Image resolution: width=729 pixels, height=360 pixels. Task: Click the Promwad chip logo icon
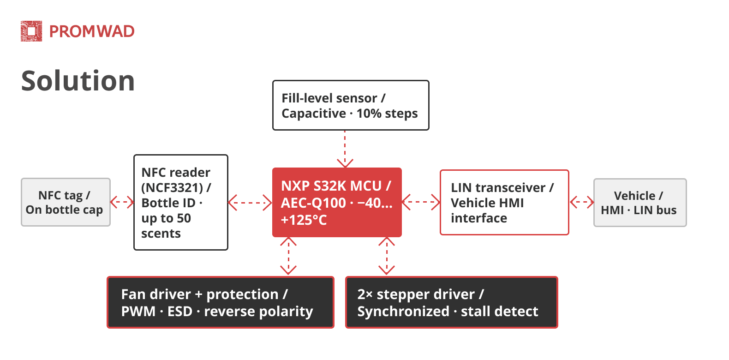pyautogui.click(x=31, y=31)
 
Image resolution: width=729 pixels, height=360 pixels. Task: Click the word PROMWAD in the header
pyautogui.click(x=92, y=31)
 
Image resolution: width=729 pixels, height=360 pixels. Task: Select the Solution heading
pyautogui.click(x=78, y=81)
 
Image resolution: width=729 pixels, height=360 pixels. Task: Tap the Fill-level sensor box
pyautogui.click(x=351, y=105)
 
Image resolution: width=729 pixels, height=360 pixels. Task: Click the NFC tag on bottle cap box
pyautogui.click(x=66, y=202)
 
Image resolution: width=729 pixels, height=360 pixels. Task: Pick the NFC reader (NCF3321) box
pyautogui.click(x=181, y=203)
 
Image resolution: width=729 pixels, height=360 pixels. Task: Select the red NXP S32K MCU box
pyautogui.click(x=337, y=203)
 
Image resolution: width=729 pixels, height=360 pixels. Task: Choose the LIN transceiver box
pyautogui.click(x=504, y=203)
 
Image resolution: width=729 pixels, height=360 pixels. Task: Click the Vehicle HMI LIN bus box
pyautogui.click(x=640, y=203)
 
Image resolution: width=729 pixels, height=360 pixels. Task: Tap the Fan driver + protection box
pyautogui.click(x=221, y=302)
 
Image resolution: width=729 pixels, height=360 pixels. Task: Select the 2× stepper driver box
pyautogui.click(x=452, y=302)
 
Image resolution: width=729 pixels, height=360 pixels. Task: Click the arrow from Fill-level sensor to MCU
pyautogui.click(x=345, y=149)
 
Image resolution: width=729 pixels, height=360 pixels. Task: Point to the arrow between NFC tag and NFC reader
pyautogui.click(x=122, y=202)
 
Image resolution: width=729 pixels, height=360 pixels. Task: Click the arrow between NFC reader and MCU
pyautogui.click(x=250, y=203)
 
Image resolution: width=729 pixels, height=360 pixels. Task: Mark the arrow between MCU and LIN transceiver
pyautogui.click(x=421, y=202)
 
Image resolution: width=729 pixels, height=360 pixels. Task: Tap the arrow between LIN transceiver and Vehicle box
pyautogui.click(x=581, y=202)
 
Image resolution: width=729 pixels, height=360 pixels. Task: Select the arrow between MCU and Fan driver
pyautogui.click(x=288, y=256)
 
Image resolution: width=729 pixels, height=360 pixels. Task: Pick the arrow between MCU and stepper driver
pyautogui.click(x=387, y=256)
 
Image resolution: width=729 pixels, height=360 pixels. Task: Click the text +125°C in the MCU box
pyautogui.click(x=304, y=220)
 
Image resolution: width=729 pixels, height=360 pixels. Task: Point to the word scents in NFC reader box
pyautogui.click(x=161, y=234)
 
